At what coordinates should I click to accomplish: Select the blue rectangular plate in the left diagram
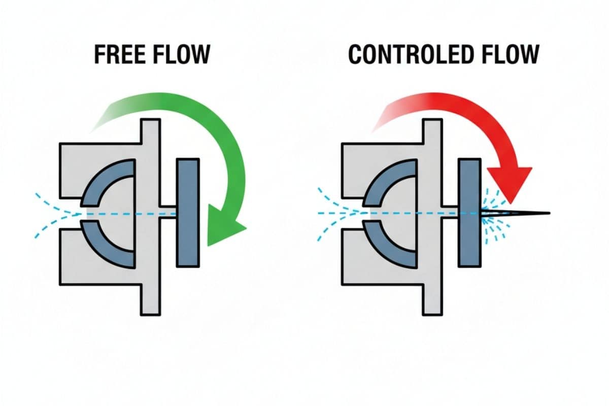click(x=188, y=213)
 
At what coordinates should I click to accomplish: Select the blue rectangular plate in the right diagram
click(x=469, y=213)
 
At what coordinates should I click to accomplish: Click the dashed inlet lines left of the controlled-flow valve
click(x=332, y=213)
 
